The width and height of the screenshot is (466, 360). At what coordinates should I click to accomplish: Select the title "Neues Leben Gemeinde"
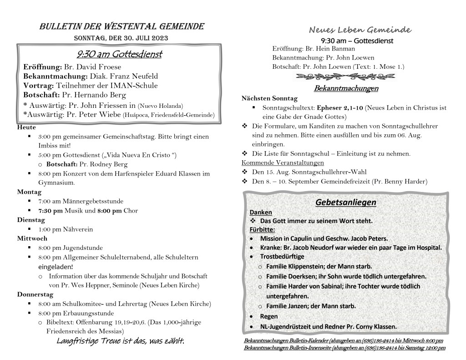pyautogui.click(x=360, y=30)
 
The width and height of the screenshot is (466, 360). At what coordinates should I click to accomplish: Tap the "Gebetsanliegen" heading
pyautogui.click(x=346, y=202)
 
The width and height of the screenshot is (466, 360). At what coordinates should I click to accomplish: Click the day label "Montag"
pyautogui.click(x=30, y=192)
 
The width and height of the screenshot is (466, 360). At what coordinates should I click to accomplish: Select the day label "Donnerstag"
pyautogui.click(x=35, y=294)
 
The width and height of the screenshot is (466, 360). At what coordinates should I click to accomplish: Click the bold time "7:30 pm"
pyautogui.click(x=51, y=210)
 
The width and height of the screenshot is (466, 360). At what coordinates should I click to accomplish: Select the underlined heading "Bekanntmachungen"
pyautogui.click(x=346, y=88)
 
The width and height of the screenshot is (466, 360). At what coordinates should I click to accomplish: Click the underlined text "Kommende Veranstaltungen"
pyautogui.click(x=282, y=162)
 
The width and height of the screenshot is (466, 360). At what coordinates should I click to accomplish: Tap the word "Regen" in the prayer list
pyautogui.click(x=268, y=316)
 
